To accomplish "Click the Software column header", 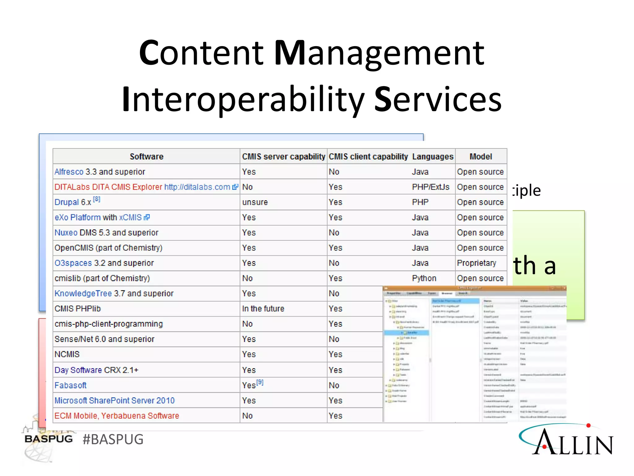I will (x=146, y=156).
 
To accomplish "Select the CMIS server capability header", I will (x=283, y=156).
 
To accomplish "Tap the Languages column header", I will (x=432, y=156).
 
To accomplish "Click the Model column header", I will (x=480, y=156).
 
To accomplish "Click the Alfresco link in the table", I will (x=69, y=172).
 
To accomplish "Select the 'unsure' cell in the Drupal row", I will (x=255, y=202).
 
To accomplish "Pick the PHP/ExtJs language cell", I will (x=430, y=187).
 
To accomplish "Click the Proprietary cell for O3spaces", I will (x=476, y=263).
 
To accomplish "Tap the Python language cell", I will (x=424, y=278).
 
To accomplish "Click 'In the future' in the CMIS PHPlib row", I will (x=263, y=309).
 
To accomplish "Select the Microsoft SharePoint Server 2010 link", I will (x=115, y=400).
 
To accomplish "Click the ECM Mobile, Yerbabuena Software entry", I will (x=117, y=416).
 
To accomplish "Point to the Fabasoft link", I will (x=70, y=385).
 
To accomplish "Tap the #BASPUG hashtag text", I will (x=113, y=439).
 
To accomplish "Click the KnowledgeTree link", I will (x=83, y=293).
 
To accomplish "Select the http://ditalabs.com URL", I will (x=197, y=187).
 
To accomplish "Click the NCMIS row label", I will (x=67, y=354).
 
